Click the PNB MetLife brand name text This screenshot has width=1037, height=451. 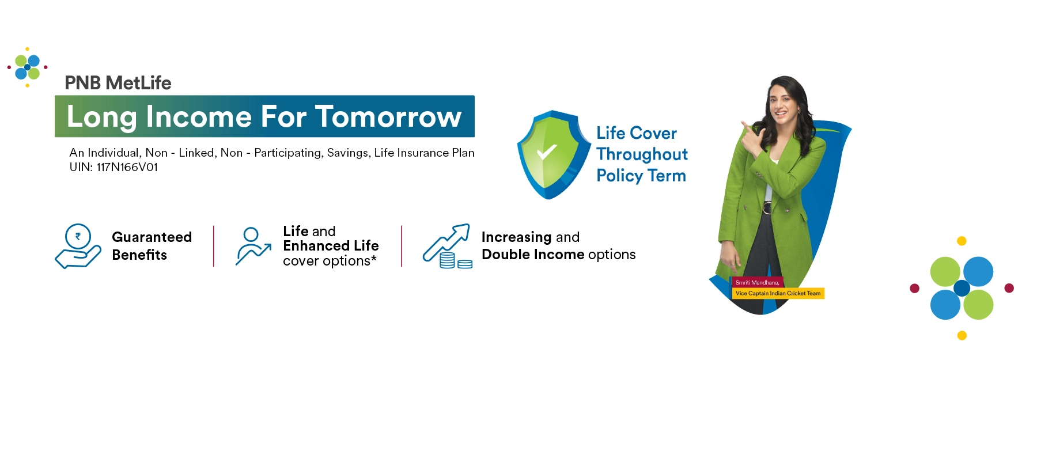(x=118, y=83)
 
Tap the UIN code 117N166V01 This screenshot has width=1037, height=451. (x=127, y=167)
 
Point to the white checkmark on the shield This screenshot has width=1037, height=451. (x=546, y=152)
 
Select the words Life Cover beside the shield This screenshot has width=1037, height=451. (x=637, y=133)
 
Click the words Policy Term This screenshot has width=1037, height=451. (x=641, y=176)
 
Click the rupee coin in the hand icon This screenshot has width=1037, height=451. (x=78, y=236)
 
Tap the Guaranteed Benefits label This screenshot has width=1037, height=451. (x=152, y=246)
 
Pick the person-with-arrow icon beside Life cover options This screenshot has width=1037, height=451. (x=253, y=246)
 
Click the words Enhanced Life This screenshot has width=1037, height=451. (x=331, y=246)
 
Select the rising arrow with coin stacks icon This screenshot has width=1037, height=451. (x=448, y=246)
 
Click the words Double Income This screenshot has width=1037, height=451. (x=533, y=255)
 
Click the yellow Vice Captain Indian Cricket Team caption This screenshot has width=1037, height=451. (x=778, y=293)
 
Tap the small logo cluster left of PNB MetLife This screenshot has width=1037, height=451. (x=28, y=67)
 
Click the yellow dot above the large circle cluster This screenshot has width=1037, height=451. (x=962, y=241)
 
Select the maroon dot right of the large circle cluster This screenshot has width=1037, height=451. (x=1009, y=288)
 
